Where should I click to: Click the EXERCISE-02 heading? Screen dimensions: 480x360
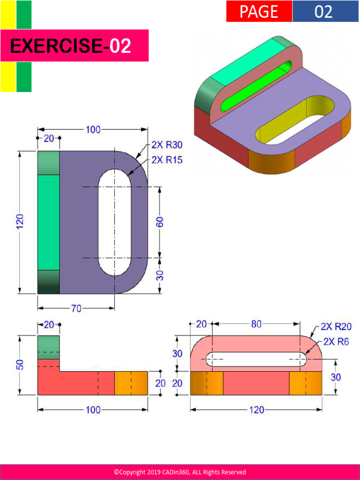click(70, 46)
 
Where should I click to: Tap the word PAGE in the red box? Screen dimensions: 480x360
click(259, 12)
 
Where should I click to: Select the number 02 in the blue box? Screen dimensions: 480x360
click(323, 12)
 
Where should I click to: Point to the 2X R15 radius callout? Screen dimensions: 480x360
click(167, 160)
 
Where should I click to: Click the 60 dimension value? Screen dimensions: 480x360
click(160, 222)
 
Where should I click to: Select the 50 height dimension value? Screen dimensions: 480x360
click(20, 365)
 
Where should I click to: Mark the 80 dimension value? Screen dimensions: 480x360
click(256, 323)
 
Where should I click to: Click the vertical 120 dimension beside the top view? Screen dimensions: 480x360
click(20, 222)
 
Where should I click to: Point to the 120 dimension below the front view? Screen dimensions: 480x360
click(256, 410)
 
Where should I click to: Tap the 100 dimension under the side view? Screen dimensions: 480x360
click(93, 410)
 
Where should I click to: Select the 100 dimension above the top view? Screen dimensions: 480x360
click(93, 129)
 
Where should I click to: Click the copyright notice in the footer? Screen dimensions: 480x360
click(180, 472)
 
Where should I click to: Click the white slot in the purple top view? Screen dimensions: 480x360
click(114, 222)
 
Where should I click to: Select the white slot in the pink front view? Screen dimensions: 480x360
click(256, 360)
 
